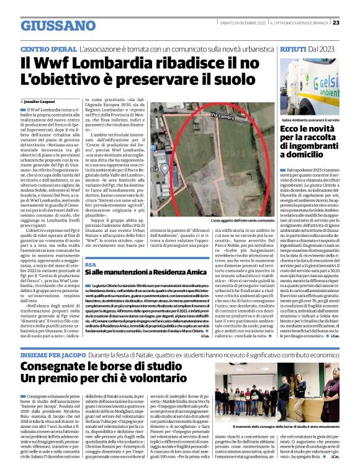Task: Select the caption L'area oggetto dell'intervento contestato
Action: (x=241, y=220)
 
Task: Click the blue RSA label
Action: (x=90, y=264)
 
